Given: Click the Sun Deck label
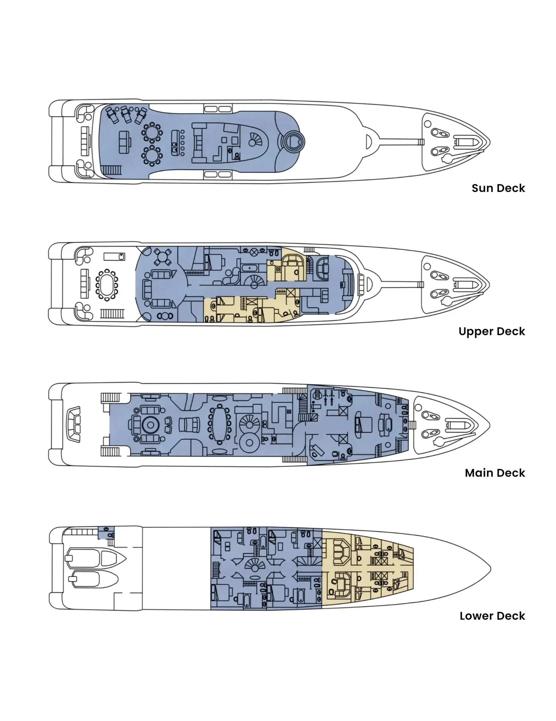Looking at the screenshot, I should (498, 188).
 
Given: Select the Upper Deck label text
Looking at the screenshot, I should (491, 331).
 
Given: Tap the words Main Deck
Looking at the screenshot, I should (495, 473).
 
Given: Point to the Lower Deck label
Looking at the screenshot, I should (492, 616).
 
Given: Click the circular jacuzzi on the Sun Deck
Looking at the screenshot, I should (293, 142).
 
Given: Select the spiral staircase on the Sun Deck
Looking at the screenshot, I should (255, 140).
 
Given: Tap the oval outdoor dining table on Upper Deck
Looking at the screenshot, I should (107, 285).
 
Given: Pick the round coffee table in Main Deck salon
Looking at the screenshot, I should (151, 425).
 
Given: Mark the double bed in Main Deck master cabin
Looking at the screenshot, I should (363, 424).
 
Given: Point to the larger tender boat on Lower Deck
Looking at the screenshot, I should (96, 558).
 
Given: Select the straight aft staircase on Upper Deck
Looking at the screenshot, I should (112, 313).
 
